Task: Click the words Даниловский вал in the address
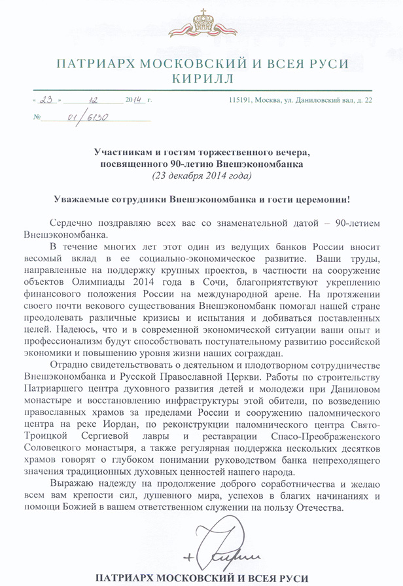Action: coord(326,101)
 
